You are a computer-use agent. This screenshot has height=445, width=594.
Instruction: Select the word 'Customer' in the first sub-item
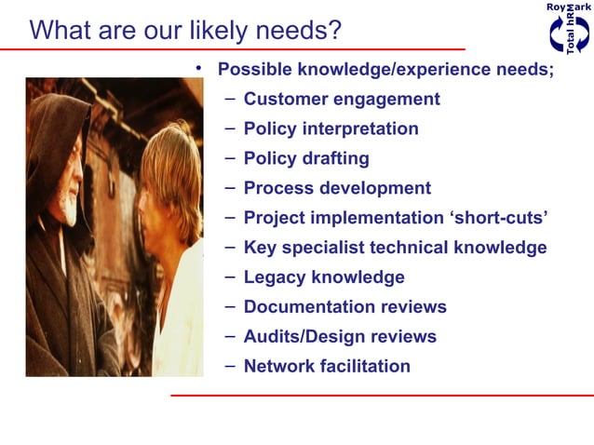(285, 99)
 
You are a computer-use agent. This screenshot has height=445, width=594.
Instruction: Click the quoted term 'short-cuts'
(497, 218)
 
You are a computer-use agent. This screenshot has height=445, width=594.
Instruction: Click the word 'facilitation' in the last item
(365, 366)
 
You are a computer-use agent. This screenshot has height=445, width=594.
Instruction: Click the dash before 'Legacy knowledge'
(230, 276)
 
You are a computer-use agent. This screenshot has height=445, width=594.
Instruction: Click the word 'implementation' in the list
(371, 218)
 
